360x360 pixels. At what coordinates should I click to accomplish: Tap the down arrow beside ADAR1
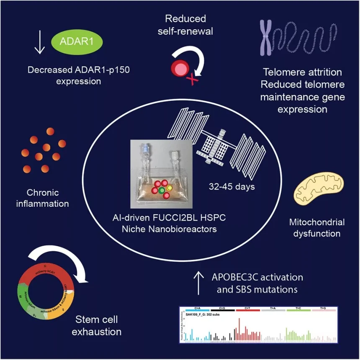tap(39, 44)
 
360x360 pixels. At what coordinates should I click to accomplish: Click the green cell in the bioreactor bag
tap(162, 190)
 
